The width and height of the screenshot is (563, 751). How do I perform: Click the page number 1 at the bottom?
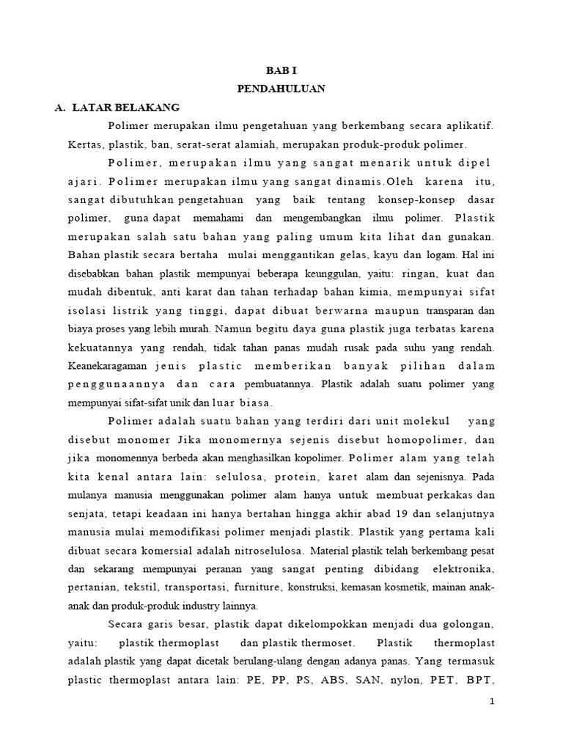pos(493,703)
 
